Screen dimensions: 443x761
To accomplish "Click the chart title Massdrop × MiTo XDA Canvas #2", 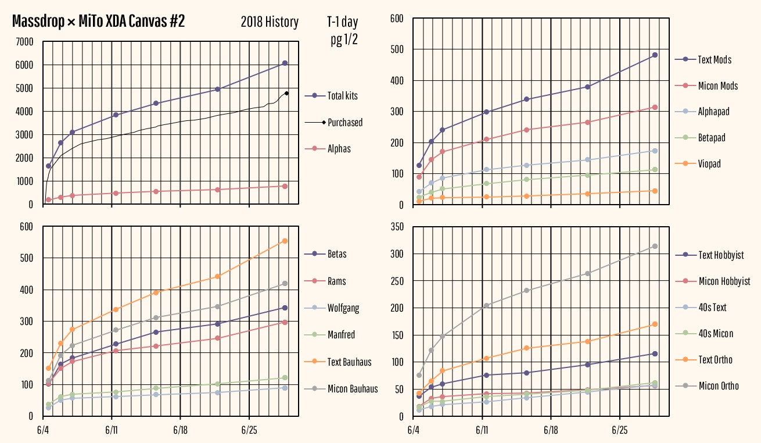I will coord(98,22).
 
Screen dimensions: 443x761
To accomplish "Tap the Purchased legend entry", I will coord(345,123).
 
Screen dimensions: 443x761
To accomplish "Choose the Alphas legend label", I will coord(339,149).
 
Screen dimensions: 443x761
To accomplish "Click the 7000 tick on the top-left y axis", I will coord(25,42).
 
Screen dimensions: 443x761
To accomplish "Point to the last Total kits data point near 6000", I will coord(285,63).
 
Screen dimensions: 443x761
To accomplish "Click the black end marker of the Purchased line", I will coord(287,93).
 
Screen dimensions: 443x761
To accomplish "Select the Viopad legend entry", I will coord(709,164).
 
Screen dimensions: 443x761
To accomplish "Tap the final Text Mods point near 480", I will coord(655,55).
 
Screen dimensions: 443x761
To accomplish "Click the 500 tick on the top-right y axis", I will coord(397,49).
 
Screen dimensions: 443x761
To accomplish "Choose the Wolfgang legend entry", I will coord(343,308).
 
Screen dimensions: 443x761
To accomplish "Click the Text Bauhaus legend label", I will coord(349,362).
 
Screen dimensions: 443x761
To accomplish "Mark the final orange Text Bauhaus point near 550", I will coord(285,241).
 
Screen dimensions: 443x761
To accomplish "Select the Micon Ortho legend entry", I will coord(718,386).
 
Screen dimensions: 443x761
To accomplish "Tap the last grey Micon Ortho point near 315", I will coord(655,246).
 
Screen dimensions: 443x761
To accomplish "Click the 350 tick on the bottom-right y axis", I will coord(397,227).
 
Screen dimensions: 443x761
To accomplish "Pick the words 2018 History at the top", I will coord(270,23).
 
